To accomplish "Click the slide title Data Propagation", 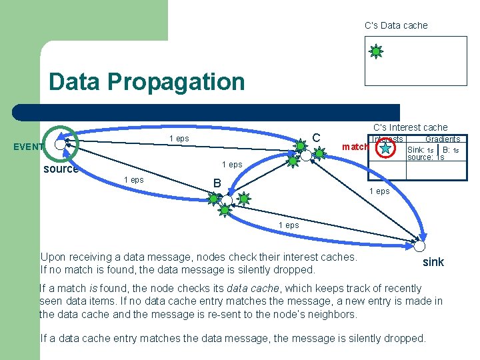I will click(x=147, y=82).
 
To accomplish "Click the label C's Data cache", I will click(x=396, y=25).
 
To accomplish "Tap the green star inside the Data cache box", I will click(x=376, y=51).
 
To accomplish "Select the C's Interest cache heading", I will click(x=410, y=127).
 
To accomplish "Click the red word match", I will click(x=355, y=147).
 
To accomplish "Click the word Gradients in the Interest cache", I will click(x=443, y=139).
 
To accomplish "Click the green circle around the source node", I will click(x=61, y=143).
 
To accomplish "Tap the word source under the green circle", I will click(x=61, y=169).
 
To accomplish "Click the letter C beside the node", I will click(x=317, y=138).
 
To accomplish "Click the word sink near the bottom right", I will click(x=433, y=262).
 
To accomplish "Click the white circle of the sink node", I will click(x=419, y=241).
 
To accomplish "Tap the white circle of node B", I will click(x=227, y=201).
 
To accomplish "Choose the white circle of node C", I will click(x=306, y=155).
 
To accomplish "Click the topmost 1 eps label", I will click(x=179, y=139).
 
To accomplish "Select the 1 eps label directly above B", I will click(x=232, y=165).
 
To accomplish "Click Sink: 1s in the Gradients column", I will click(x=421, y=150).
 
